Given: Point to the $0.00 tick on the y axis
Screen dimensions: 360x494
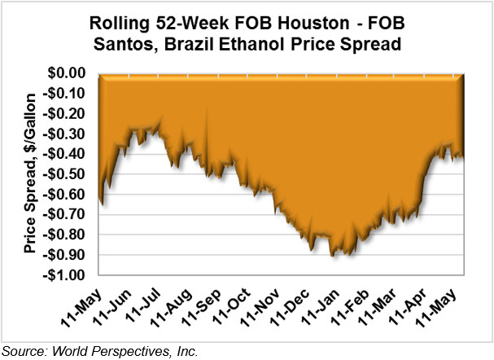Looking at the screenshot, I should [x=72, y=73].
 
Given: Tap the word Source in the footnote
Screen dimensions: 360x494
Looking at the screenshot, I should [x=24, y=351].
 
